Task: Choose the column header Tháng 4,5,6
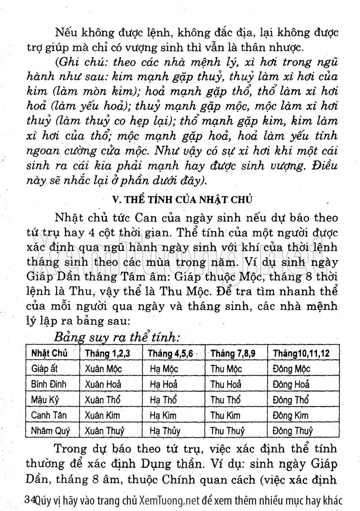[170, 354]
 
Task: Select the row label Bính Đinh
[49, 384]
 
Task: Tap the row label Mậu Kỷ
[45, 400]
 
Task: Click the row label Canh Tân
[49, 415]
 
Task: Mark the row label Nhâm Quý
[50, 430]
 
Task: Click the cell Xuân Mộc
[103, 369]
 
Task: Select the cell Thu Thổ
[225, 400]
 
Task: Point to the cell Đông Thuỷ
[292, 430]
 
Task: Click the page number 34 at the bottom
[30, 499]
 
